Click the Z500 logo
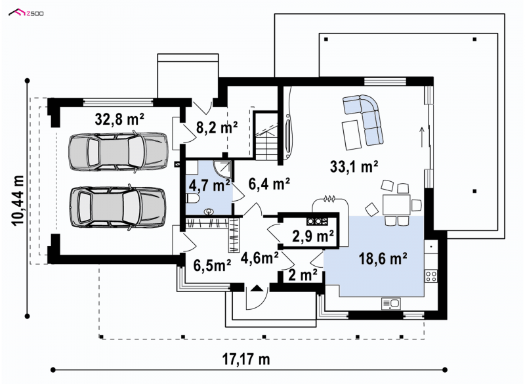26,13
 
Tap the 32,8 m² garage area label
119,119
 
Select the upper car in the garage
118,152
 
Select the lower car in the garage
117,207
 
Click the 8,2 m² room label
217,127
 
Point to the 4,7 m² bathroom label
209,185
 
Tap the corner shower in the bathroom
222,169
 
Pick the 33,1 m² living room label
354,166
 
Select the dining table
397,205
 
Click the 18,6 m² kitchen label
383,258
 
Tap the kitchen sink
390,304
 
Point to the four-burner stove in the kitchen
431,276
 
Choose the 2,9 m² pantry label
313,236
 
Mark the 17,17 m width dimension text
246,360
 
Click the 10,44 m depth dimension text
19,200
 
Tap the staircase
266,137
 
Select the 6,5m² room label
212,265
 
